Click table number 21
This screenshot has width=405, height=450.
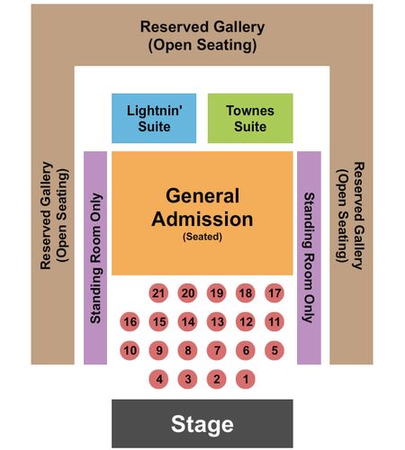(158, 293)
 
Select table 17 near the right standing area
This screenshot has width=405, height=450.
(274, 293)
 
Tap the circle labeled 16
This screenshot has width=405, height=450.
(130, 322)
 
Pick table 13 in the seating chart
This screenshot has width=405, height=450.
(217, 322)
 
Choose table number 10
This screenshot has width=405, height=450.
(130, 350)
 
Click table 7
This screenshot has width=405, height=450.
(217, 350)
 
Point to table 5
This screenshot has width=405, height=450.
(274, 350)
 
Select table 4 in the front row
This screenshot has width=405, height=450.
(158, 379)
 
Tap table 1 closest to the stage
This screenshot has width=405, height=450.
(246, 379)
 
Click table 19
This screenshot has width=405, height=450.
(217, 293)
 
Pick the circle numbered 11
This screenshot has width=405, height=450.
(274, 322)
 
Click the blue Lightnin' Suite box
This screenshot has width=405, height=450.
(154, 118)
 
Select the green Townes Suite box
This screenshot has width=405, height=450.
(250, 118)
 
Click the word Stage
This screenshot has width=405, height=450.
(202, 425)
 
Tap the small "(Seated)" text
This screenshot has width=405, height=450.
(202, 237)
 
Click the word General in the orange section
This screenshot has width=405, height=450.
(202, 196)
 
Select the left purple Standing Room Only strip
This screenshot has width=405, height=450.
(95, 258)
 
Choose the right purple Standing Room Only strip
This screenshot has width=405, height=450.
(309, 258)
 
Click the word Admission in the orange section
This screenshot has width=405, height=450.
(202, 219)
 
